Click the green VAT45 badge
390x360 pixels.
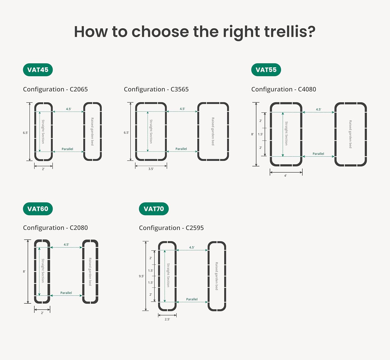click(x=38, y=70)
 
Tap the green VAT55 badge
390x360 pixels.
click(x=266, y=70)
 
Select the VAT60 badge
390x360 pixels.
click(x=38, y=209)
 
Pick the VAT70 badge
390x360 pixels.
click(x=154, y=209)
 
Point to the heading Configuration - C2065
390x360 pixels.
click(x=55, y=89)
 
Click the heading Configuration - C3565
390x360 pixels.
click(x=156, y=89)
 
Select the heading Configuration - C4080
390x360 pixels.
click(x=284, y=89)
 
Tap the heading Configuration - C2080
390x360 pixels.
click(x=55, y=228)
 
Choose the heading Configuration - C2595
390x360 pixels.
click(x=171, y=228)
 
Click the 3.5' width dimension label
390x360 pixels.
click(x=151, y=169)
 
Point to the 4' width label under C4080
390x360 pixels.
click(x=285, y=175)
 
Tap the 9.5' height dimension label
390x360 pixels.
click(x=141, y=276)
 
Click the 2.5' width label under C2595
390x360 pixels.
click(x=167, y=319)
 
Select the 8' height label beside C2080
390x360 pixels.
click(x=24, y=272)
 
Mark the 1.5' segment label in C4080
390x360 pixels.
click(x=261, y=134)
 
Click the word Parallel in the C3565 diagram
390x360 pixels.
click(x=181, y=149)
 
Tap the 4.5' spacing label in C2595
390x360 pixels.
click(x=192, y=247)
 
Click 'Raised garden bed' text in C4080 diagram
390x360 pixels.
click(x=350, y=134)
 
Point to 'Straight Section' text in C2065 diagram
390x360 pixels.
click(x=43, y=132)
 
